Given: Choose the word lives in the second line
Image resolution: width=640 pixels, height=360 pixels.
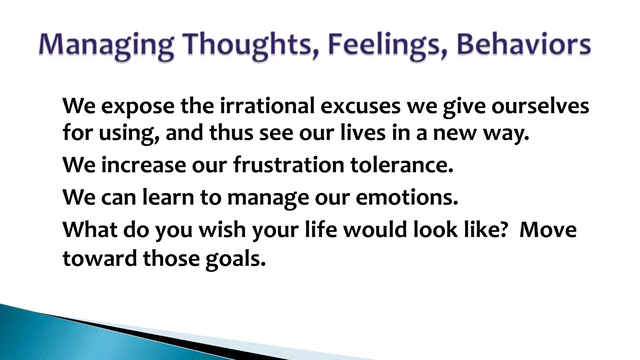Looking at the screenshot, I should pos(363,132).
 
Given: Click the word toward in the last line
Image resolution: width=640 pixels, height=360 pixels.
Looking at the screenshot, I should pos(100,259).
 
